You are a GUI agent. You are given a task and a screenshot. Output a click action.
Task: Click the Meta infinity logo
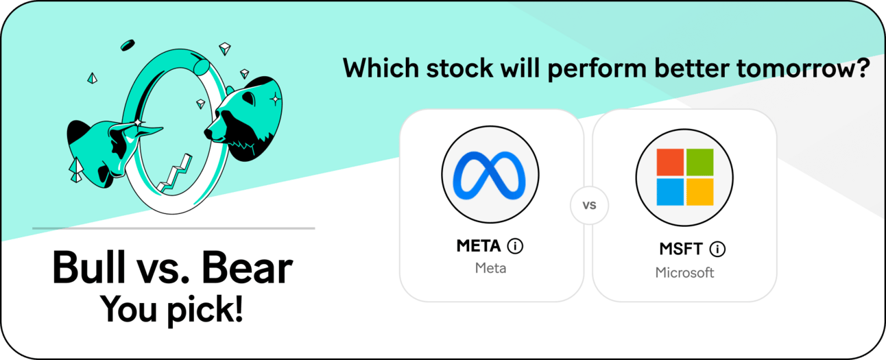click(490, 175)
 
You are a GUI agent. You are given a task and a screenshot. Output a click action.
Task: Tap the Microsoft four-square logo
click(684, 177)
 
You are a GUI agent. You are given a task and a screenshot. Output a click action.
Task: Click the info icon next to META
click(515, 246)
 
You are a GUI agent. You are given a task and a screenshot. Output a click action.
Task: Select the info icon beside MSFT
click(717, 249)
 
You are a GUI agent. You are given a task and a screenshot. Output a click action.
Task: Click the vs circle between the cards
click(589, 205)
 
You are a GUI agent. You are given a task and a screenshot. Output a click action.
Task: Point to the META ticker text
click(479, 246)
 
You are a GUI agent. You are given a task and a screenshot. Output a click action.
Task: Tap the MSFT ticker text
click(681, 249)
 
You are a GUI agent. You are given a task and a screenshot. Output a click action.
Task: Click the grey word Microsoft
click(684, 273)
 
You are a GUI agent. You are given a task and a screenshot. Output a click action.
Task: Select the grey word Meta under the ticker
click(490, 268)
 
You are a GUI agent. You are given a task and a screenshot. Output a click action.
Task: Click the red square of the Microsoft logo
click(670, 163)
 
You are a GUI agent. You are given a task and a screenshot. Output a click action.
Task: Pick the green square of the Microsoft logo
click(699, 163)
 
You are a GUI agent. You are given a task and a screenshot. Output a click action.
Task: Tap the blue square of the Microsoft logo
click(670, 192)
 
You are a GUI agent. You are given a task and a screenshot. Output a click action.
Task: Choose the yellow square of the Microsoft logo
click(699, 192)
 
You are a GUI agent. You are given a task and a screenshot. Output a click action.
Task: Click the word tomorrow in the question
click(803, 68)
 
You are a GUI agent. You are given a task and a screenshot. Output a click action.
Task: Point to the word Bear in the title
click(247, 268)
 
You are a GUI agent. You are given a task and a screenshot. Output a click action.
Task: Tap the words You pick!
click(171, 310)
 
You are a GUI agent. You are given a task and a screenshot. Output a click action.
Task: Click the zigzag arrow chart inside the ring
click(174, 174)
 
